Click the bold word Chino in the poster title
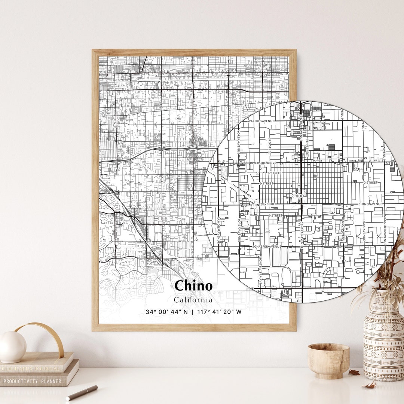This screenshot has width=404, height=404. (x=193, y=286)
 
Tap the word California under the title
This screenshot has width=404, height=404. (x=193, y=300)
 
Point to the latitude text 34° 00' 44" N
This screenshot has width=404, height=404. (x=167, y=312)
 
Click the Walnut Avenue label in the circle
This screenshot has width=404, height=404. (x=261, y=121)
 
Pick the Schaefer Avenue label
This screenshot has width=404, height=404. (x=266, y=247)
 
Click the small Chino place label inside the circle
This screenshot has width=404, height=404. (x=297, y=196)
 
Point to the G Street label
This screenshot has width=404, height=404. (x=275, y=215)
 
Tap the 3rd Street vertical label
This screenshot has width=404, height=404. (x=269, y=146)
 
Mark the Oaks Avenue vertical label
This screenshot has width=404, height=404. (x=363, y=230)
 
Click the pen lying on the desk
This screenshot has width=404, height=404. (x=82, y=392)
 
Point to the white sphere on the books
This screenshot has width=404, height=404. (x=12, y=347)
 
